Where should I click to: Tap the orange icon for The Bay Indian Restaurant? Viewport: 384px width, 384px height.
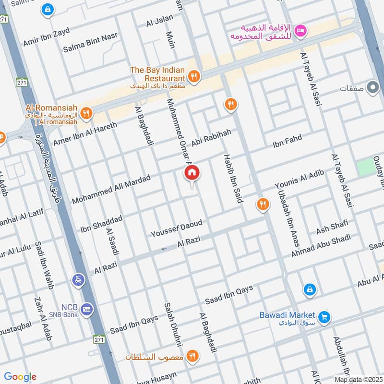(194, 76)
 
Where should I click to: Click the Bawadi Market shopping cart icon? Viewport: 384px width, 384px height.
(324, 317)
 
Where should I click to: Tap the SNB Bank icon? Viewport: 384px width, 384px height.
(87, 308)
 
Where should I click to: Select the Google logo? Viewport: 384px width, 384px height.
(20, 377)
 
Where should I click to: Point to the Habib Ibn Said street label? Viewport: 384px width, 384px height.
(231, 179)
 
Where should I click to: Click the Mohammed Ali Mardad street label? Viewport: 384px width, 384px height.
(111, 190)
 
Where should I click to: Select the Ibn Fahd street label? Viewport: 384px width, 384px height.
(287, 141)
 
